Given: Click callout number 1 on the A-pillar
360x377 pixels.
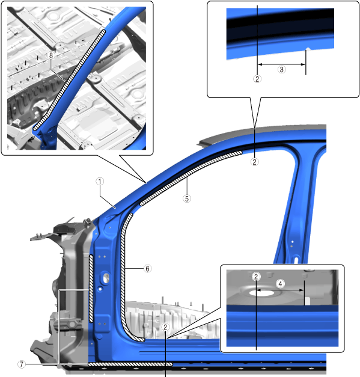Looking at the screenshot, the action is (x=100, y=182).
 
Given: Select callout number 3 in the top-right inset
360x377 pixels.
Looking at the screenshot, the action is (x=282, y=70).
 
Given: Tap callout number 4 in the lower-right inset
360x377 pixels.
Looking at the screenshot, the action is (x=280, y=284).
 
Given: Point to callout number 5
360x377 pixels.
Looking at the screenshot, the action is (x=187, y=198).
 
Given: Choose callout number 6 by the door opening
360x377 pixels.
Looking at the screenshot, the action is (x=148, y=269).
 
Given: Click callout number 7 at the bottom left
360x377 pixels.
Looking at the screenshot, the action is (x=22, y=364).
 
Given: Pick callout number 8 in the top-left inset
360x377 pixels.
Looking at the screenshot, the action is (x=51, y=55).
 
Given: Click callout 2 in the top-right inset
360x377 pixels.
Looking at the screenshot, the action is (x=257, y=79).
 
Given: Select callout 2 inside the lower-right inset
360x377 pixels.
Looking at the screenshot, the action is (x=256, y=277).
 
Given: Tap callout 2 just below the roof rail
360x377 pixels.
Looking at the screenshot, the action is (x=254, y=162).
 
